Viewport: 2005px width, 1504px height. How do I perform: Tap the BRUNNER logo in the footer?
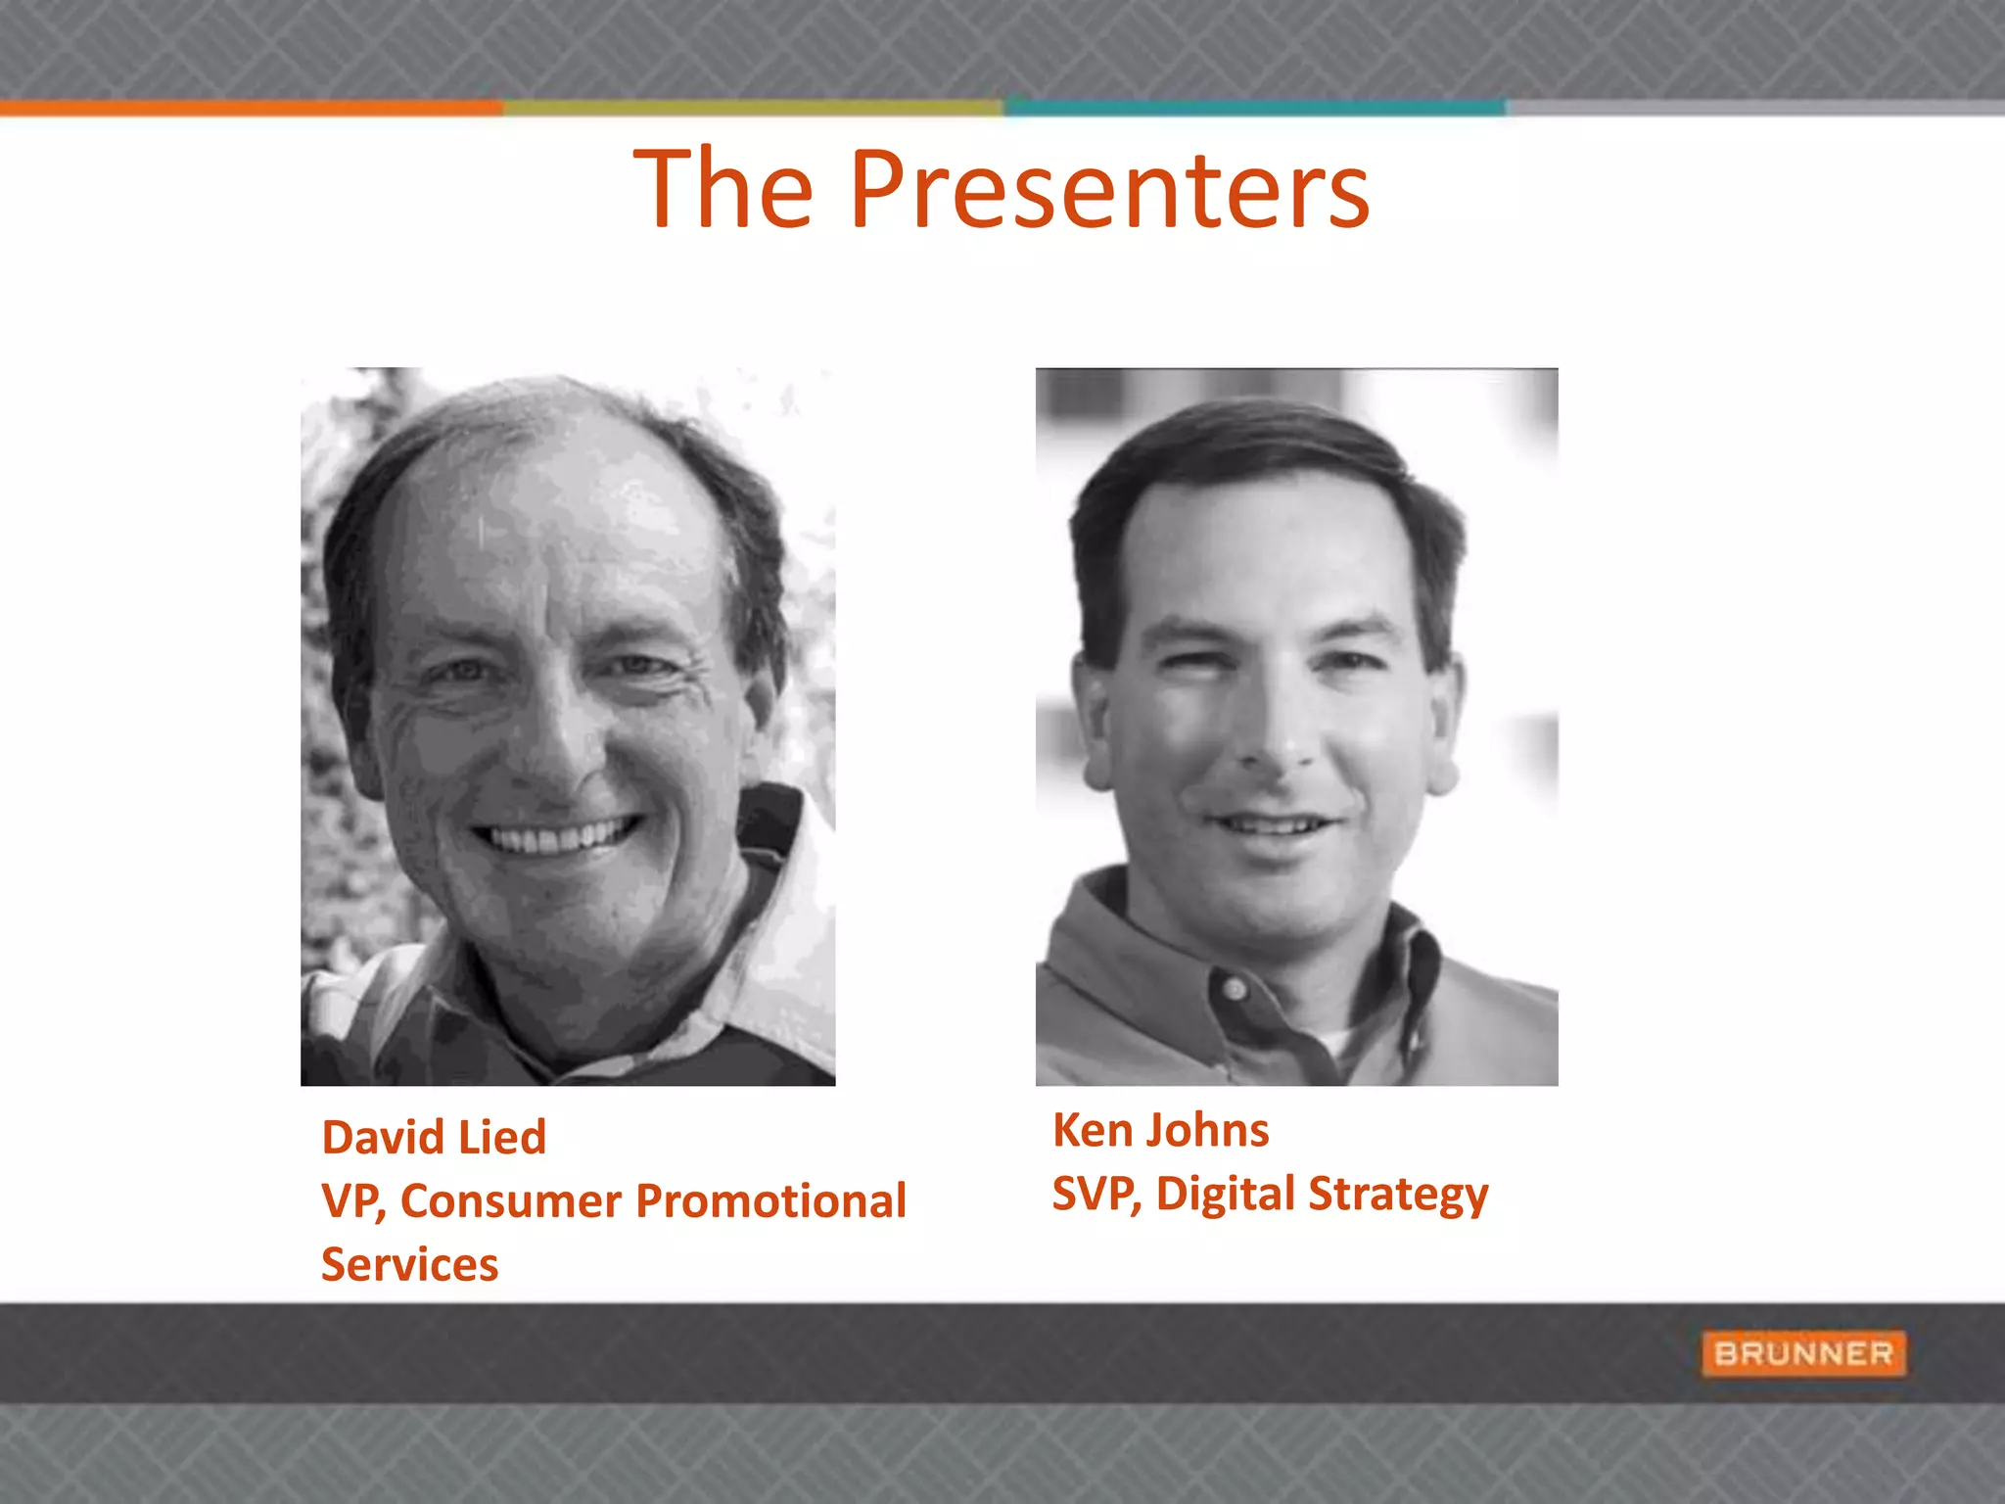1803,1353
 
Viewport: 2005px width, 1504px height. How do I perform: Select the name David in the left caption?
382,1138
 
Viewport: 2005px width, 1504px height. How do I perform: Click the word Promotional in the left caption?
771,1201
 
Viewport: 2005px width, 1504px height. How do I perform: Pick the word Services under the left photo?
409,1265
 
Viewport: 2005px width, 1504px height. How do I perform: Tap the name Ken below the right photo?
1092,1131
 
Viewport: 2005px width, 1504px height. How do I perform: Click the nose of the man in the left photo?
556,754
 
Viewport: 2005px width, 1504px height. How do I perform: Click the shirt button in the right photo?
1236,989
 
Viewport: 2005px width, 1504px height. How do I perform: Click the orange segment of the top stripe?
251,108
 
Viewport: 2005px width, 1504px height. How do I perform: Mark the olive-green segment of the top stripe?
752,108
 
